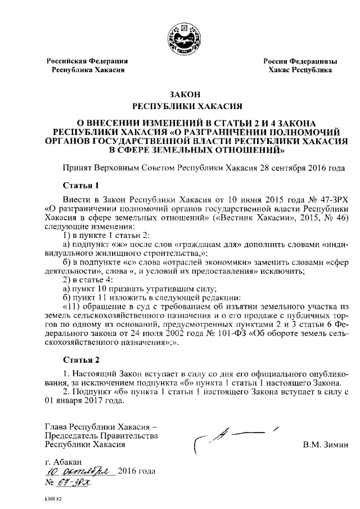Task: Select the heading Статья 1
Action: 80,185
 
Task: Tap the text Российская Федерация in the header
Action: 87,61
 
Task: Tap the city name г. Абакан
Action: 65,461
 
